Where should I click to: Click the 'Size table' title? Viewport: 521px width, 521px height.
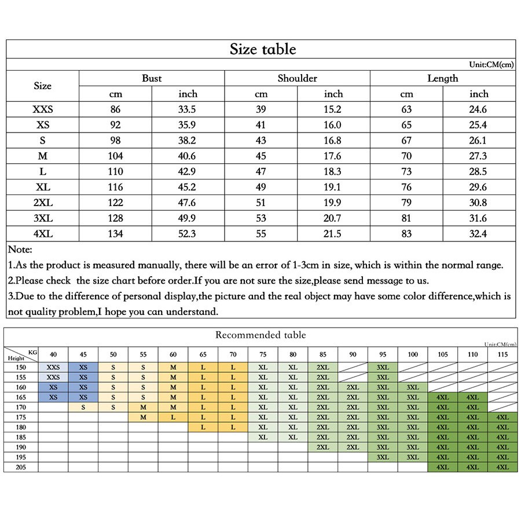(262, 49)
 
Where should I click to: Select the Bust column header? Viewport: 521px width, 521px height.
(152, 78)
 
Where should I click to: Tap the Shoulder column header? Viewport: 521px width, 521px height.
(297, 78)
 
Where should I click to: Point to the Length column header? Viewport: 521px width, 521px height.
(442, 78)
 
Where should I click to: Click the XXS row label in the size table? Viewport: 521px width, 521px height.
(42, 109)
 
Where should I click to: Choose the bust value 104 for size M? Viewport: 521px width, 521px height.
(115, 156)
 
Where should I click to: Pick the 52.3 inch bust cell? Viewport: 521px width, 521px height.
(188, 233)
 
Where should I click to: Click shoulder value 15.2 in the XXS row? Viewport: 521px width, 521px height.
(333, 109)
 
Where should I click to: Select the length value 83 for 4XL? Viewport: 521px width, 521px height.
(406, 233)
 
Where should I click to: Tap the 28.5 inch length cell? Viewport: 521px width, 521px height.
(479, 171)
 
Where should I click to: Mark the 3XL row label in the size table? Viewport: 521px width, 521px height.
(42, 218)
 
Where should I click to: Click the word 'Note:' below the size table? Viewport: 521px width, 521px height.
(20, 250)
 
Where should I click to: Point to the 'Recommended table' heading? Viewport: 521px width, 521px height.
(260, 335)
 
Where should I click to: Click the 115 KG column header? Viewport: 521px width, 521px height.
(502, 354)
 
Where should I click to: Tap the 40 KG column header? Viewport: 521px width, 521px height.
(53, 354)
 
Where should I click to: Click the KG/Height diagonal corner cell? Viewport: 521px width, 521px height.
(21, 354)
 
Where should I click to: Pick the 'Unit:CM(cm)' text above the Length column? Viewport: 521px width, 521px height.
(491, 65)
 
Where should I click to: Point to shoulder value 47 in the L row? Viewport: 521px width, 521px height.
(261, 171)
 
